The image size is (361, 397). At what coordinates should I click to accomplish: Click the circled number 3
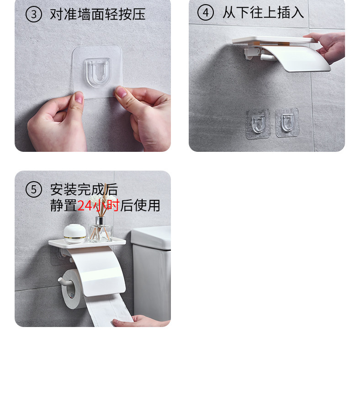tap(34, 14)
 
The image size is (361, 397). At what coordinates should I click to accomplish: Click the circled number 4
tap(206, 12)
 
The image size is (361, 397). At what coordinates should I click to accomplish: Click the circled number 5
tap(34, 189)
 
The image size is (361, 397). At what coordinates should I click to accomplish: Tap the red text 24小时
tap(98, 205)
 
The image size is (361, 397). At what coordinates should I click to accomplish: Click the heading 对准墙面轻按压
tap(98, 14)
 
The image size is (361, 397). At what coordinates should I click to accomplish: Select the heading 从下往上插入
tap(263, 12)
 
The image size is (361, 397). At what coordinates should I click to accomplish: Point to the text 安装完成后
tap(84, 189)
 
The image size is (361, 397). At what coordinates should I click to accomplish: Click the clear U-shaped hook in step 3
tap(98, 72)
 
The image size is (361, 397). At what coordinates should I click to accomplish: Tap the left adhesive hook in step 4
tap(258, 124)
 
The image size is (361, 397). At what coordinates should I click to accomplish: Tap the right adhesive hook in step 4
tap(287, 123)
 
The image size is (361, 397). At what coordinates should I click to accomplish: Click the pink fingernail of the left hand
tap(79, 97)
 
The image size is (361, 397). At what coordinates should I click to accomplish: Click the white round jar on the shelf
tap(74, 234)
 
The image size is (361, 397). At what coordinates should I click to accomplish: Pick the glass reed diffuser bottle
tap(100, 229)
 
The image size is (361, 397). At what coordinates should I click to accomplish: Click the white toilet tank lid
tap(151, 237)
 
